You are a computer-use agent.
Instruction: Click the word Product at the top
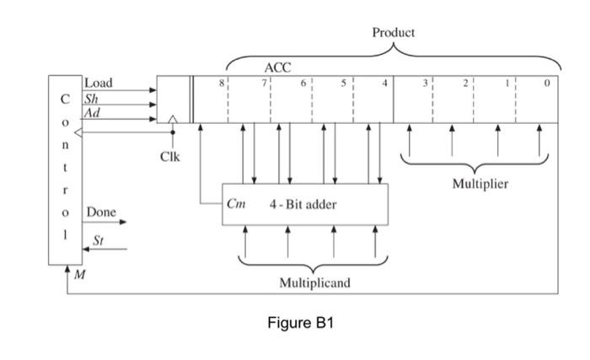pyautogui.click(x=393, y=32)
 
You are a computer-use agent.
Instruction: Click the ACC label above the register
pyautogui.click(x=277, y=67)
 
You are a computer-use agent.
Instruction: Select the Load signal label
pyautogui.click(x=98, y=83)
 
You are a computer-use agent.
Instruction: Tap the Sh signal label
pyautogui.click(x=90, y=98)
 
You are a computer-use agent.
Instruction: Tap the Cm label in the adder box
pyautogui.click(x=236, y=203)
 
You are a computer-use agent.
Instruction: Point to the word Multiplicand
pyautogui.click(x=314, y=282)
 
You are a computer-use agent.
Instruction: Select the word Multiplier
pyautogui.click(x=480, y=183)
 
